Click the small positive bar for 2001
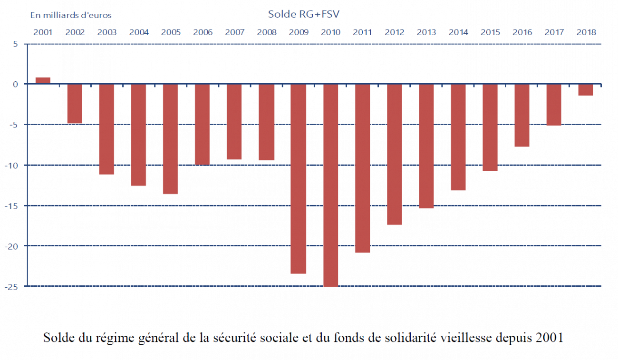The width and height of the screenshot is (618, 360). point(43,81)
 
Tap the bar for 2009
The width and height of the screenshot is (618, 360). point(298,178)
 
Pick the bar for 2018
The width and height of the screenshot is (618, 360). point(586,90)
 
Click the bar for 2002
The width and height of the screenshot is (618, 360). point(75,104)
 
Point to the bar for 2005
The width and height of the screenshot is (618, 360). point(170,139)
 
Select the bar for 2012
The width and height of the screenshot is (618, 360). point(394,154)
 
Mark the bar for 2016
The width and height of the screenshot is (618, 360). point(521,115)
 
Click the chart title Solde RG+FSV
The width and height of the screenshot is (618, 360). point(303,14)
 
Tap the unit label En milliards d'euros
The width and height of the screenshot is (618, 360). point(71,15)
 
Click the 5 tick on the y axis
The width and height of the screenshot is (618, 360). point(15,44)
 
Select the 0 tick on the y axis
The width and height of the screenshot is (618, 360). point(15,85)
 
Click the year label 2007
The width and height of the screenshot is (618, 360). point(234,32)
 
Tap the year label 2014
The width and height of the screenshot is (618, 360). point(458,32)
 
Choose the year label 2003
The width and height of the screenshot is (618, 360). point(106,32)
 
